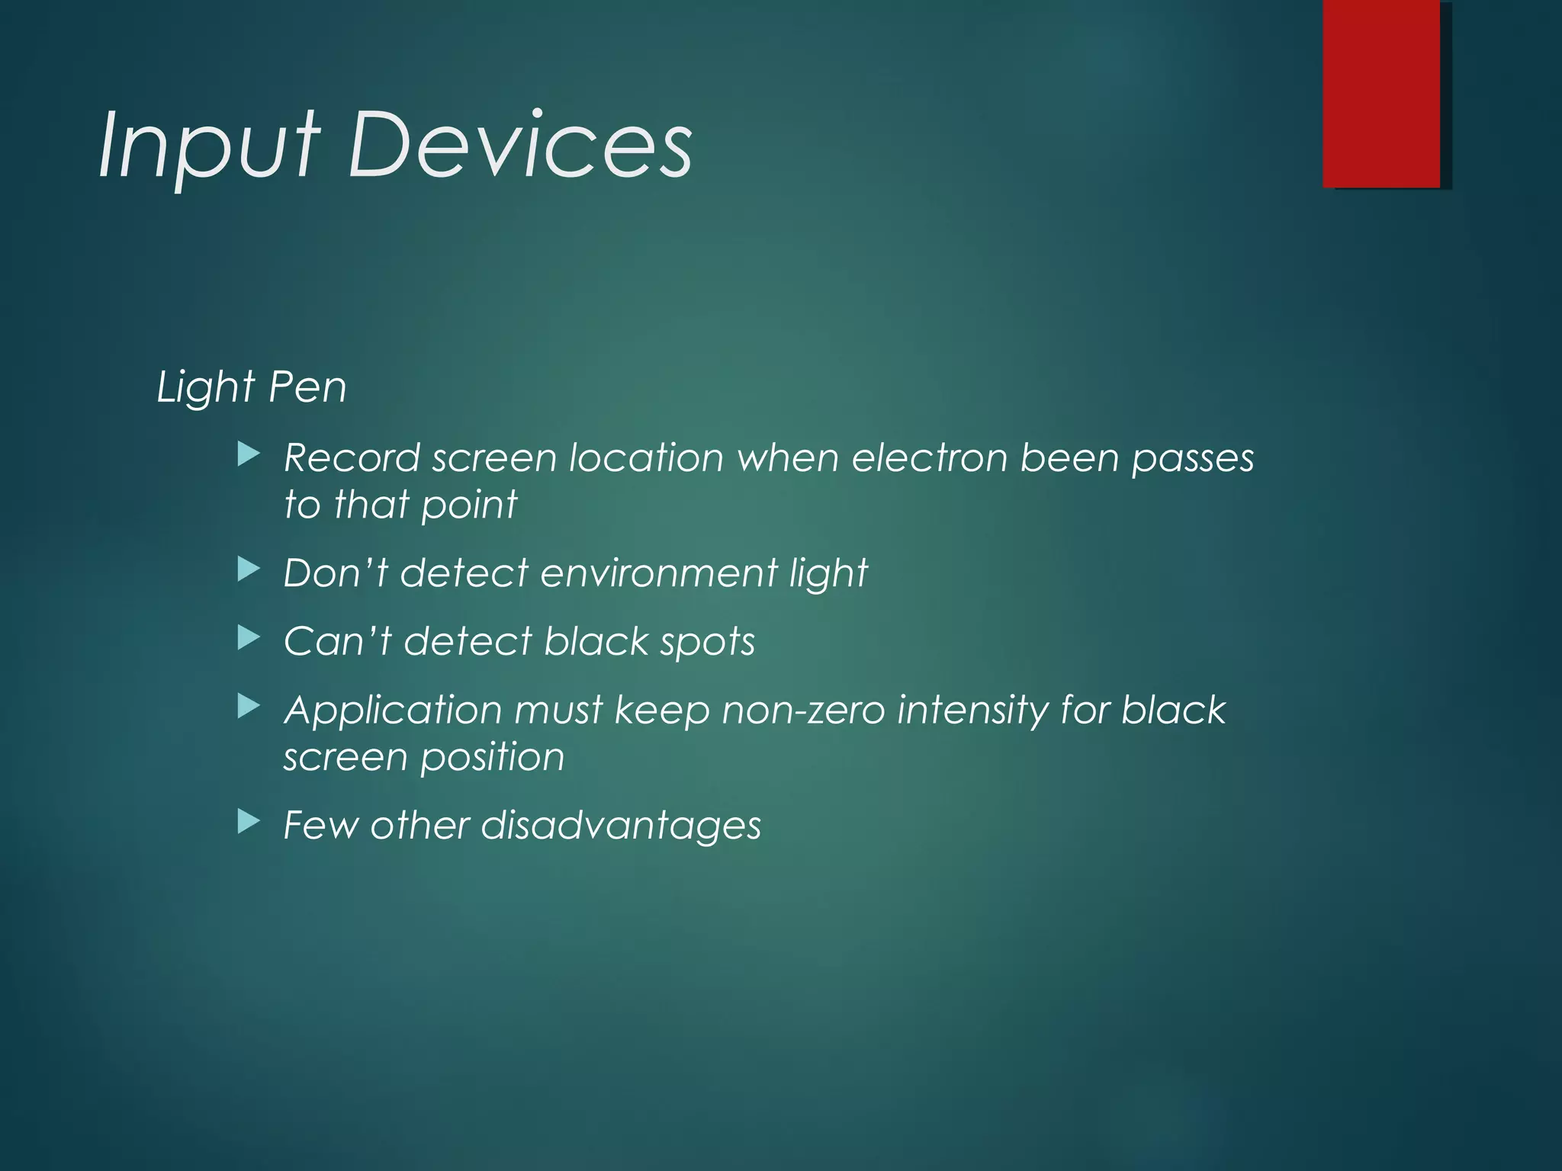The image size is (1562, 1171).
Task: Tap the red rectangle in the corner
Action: (x=1381, y=93)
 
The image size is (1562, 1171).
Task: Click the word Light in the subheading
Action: (x=205, y=387)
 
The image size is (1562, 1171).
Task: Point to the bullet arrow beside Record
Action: (x=249, y=456)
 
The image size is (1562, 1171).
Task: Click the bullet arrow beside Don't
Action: (x=249, y=569)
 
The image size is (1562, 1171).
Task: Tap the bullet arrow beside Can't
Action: (x=249, y=638)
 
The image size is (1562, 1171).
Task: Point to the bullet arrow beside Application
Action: (x=249, y=707)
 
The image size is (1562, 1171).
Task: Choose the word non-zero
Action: (x=802, y=711)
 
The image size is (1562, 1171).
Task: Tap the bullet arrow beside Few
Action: (x=249, y=822)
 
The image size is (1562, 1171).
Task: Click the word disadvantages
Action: (x=621, y=826)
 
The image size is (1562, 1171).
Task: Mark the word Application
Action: (x=393, y=711)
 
